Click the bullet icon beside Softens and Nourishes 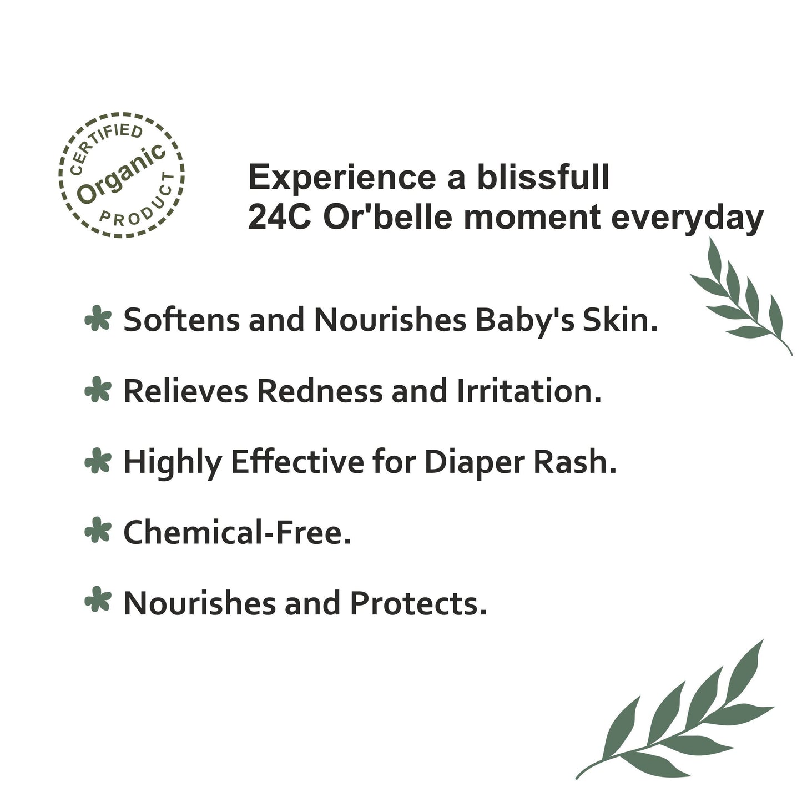click(98, 320)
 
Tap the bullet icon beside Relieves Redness click(98, 391)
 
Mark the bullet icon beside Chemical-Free click(98, 532)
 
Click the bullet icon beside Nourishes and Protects click(98, 603)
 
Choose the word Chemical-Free click(237, 532)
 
